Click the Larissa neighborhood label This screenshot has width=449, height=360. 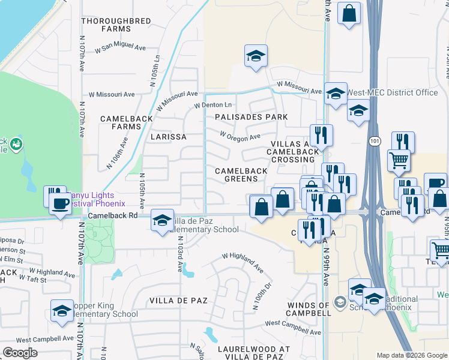pyautogui.click(x=168, y=137)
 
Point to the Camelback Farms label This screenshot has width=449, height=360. pyautogui.click(x=127, y=122)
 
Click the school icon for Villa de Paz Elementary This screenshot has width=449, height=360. pyautogui.click(x=162, y=220)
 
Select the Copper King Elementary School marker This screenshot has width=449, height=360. pyautogui.click(x=62, y=310)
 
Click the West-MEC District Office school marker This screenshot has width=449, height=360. pyautogui.click(x=336, y=93)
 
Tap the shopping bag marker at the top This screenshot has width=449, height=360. pyautogui.click(x=349, y=13)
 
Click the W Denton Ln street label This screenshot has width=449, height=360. pyautogui.click(x=212, y=106)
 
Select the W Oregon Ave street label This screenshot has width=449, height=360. pyautogui.click(x=240, y=136)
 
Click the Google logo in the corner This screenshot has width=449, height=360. pyautogui.click(x=20, y=353)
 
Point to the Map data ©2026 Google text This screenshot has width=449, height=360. pyautogui.click(x=411, y=355)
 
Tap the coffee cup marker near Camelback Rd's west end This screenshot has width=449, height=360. pyautogui.click(x=61, y=203)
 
